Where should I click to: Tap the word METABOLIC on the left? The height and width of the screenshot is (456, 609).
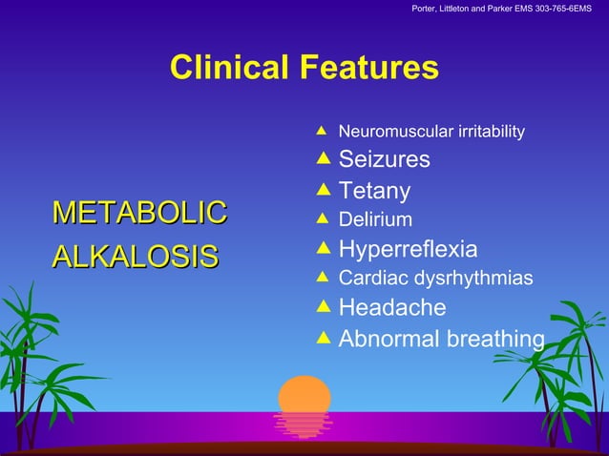coord(139,212)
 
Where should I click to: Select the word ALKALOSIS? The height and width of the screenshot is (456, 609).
coord(135,257)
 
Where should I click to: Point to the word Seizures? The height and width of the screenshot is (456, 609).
coord(384,159)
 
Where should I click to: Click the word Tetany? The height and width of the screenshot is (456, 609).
coord(374,192)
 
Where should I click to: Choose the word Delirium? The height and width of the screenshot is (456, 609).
coord(375,220)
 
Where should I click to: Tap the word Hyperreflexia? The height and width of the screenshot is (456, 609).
coord(408,250)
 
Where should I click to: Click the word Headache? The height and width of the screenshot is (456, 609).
coord(391,308)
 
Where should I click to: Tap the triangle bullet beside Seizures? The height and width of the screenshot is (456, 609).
coord(322,158)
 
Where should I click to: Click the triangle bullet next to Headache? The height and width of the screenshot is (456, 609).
coord(322,307)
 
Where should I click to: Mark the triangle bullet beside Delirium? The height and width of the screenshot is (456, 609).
coord(322,219)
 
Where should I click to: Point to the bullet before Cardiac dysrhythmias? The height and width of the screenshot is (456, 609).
coord(322,278)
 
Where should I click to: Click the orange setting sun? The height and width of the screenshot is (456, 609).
coord(304,394)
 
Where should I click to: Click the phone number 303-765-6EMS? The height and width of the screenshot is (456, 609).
coord(553,10)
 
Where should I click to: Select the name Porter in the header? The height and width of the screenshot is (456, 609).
coord(427,10)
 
